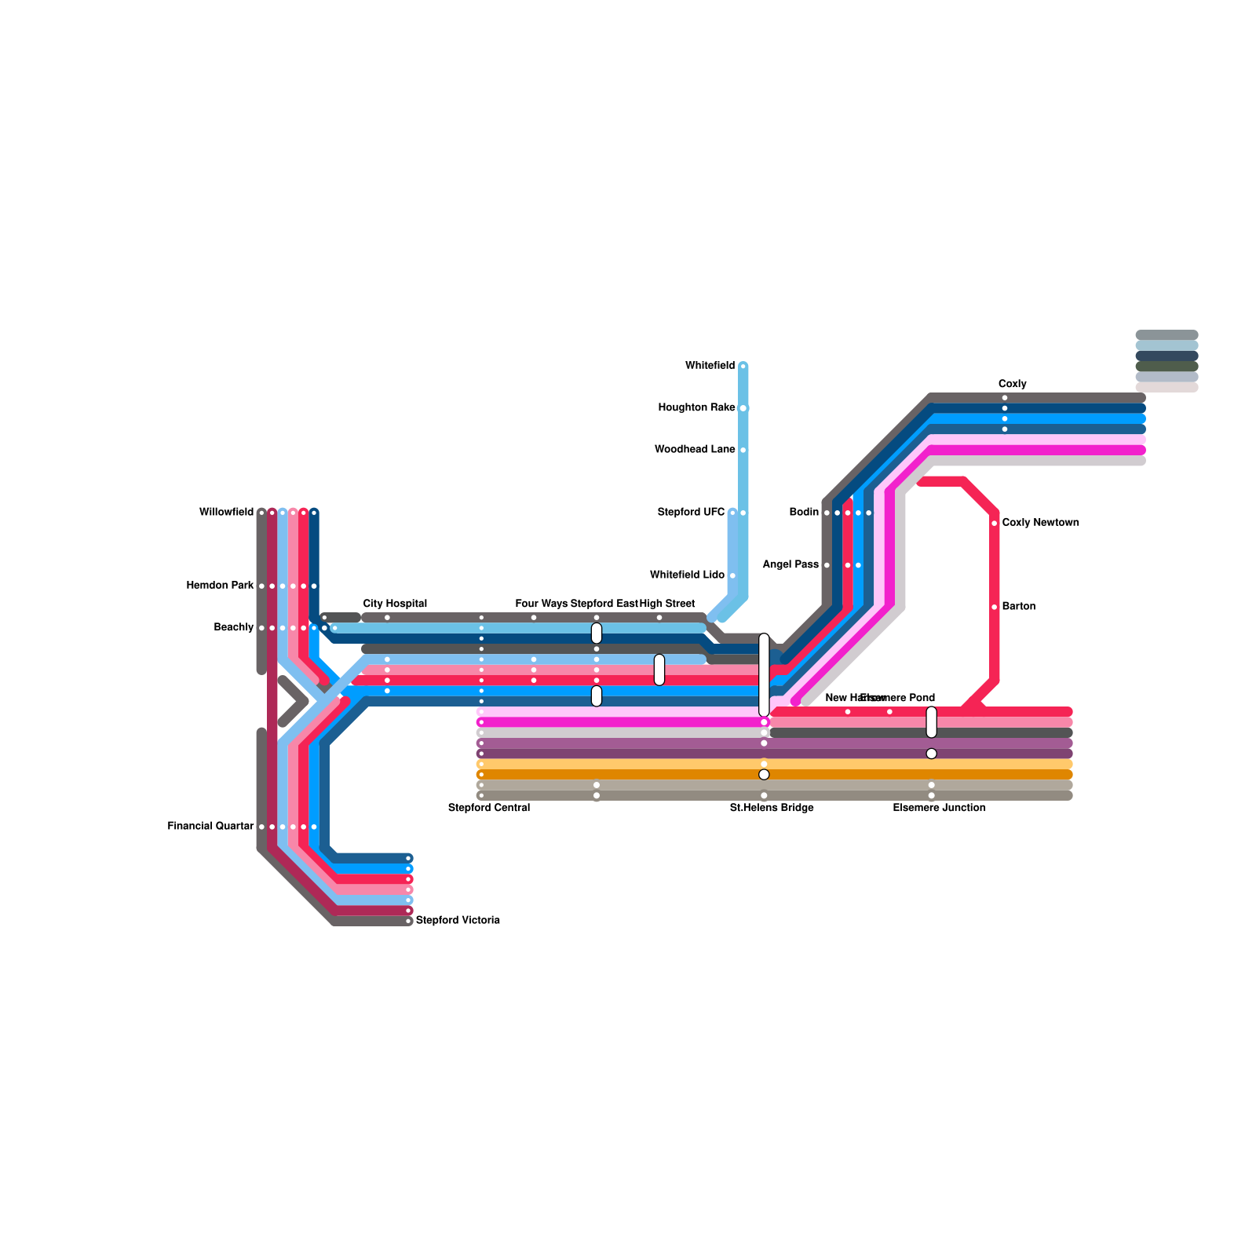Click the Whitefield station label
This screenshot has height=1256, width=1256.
(x=710, y=366)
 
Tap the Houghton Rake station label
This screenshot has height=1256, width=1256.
(x=696, y=407)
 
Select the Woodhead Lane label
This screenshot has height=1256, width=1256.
(x=695, y=450)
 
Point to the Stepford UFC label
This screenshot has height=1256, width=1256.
(x=691, y=513)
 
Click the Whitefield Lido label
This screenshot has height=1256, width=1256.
(x=687, y=575)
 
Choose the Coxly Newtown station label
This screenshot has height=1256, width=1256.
(x=1040, y=523)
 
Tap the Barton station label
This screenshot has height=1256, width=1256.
(x=1019, y=607)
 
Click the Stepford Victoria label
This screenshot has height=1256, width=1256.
(x=458, y=920)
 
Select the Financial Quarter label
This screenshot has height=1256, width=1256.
(x=210, y=827)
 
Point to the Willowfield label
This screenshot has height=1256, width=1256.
(x=226, y=513)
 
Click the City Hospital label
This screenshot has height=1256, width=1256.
(x=395, y=604)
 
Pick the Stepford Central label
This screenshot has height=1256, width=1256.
(x=489, y=808)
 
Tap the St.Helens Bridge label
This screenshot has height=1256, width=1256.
(x=772, y=808)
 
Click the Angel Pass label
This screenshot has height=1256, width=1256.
(x=790, y=564)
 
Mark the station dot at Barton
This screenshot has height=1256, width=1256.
(x=995, y=607)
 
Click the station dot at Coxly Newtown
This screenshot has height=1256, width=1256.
(x=995, y=523)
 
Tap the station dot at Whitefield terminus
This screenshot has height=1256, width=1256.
(x=743, y=366)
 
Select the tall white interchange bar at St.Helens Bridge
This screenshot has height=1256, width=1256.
(x=764, y=674)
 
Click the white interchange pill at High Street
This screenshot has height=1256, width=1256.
(x=659, y=670)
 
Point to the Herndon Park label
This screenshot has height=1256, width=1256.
(x=220, y=586)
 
